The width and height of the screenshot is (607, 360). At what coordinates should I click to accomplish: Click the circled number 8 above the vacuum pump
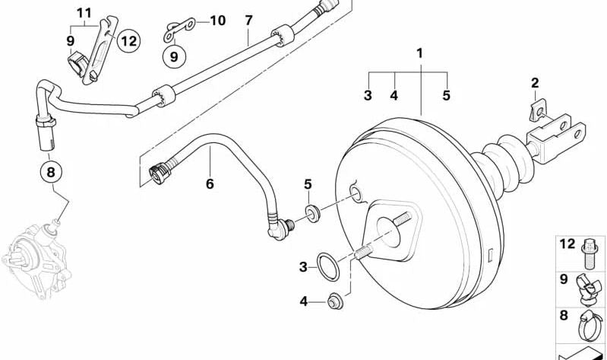coord(52,172)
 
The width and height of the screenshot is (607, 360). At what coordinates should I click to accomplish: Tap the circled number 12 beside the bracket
coord(128,41)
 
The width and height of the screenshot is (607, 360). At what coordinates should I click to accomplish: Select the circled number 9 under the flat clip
coord(174,56)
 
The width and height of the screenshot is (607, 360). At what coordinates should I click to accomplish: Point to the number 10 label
coord(218,21)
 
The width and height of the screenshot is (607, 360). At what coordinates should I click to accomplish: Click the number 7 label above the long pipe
coord(248,21)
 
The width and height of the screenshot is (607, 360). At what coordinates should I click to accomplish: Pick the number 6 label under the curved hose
coord(210,184)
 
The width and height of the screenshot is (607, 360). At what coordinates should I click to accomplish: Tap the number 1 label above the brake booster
coord(420,53)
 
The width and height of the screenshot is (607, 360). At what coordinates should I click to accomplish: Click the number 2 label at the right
coord(535,83)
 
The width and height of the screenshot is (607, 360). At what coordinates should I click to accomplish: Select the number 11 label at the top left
coord(84,14)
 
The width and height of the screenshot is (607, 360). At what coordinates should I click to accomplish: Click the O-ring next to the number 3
coord(327,266)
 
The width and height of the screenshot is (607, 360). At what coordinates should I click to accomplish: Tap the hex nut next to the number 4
coord(335,301)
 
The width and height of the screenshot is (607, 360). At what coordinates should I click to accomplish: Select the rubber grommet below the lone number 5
coord(313,214)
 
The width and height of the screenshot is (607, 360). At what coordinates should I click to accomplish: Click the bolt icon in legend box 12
coord(588,254)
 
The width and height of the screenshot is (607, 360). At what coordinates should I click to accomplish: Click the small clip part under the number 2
coord(539,110)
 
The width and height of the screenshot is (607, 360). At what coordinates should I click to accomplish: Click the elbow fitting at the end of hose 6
coord(280,228)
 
